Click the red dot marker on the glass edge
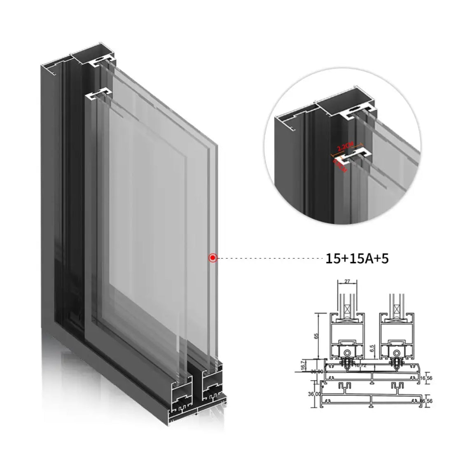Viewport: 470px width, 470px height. pos(213,258)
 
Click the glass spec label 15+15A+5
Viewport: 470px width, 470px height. pos(357,258)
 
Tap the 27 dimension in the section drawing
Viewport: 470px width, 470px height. pos(346,282)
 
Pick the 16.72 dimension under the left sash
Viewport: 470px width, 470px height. pos(360,365)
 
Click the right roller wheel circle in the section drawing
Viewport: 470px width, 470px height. pos(398,353)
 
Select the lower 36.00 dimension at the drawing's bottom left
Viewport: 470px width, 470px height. pos(314,394)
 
